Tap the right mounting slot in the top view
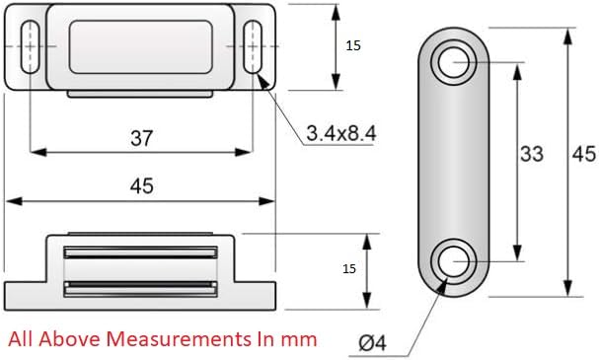[x=254, y=45]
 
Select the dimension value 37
[x=142, y=138]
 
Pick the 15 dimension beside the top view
[x=353, y=45]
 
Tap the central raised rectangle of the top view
[x=143, y=46]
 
